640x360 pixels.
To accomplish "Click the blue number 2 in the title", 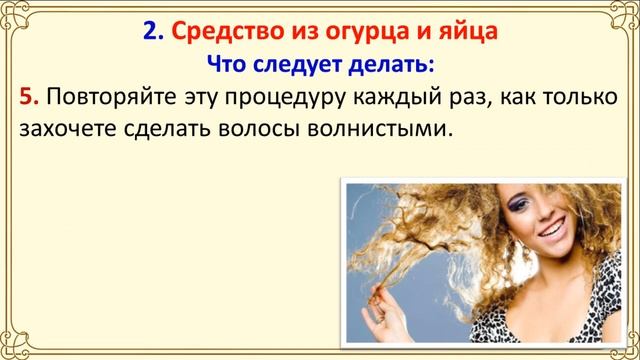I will click(150, 32).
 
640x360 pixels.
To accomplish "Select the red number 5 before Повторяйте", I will click(28, 98).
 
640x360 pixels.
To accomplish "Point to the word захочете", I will click(65, 131).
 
